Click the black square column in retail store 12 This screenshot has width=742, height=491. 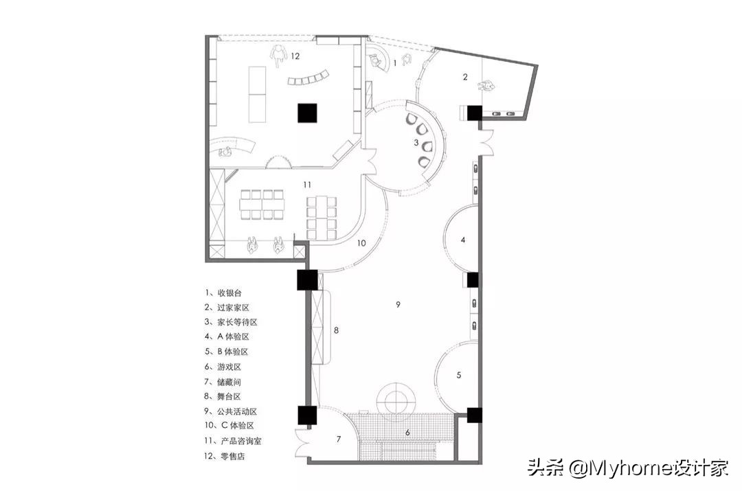(x=306, y=113)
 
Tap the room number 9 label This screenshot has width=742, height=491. (x=398, y=304)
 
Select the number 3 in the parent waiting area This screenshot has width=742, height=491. (x=416, y=143)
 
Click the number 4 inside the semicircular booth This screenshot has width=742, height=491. (x=463, y=240)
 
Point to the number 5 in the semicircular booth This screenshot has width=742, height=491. (x=459, y=375)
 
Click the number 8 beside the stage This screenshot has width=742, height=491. (x=336, y=330)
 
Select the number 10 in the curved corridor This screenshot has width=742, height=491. (x=361, y=242)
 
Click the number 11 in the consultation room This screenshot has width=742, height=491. (x=308, y=185)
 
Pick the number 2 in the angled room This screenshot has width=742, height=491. (x=465, y=77)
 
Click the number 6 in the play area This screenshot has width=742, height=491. (x=407, y=432)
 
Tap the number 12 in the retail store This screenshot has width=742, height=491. (x=295, y=56)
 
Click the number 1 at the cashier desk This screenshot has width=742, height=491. (x=394, y=63)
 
